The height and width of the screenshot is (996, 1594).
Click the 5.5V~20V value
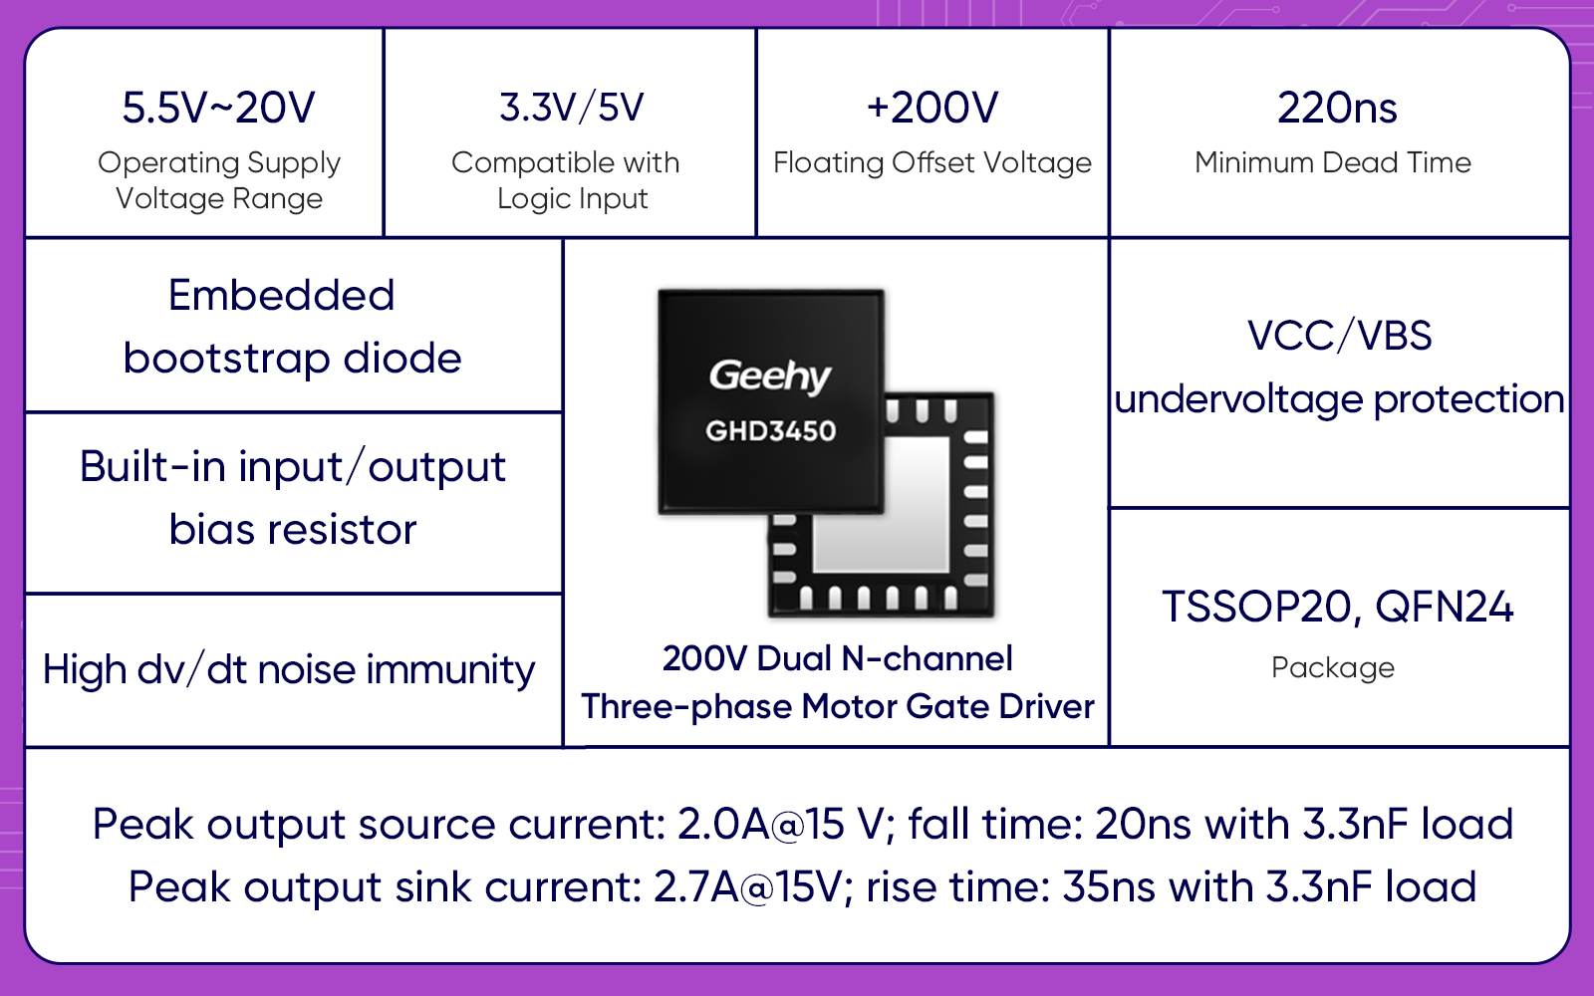[218, 109]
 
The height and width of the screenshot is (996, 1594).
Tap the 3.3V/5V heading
[572, 109]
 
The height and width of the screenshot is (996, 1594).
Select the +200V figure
[932, 109]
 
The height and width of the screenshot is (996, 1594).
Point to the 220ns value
[1337, 109]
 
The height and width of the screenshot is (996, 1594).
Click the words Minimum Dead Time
[1333, 163]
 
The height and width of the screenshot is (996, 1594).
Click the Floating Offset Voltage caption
[932, 163]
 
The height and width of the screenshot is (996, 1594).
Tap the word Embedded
[282, 295]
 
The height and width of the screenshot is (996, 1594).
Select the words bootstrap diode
[293, 358]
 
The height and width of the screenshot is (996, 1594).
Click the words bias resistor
[293, 529]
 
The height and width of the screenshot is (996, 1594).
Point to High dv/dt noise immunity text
[289, 670]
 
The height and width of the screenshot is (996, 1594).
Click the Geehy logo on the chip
[770, 376]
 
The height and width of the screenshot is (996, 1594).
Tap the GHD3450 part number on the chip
[771, 431]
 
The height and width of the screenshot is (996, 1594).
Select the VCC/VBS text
[1339, 336]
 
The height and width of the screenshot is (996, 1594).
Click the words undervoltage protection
[1339, 399]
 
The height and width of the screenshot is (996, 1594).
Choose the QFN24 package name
[1444, 607]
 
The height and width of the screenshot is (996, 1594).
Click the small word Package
[1333, 668]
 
